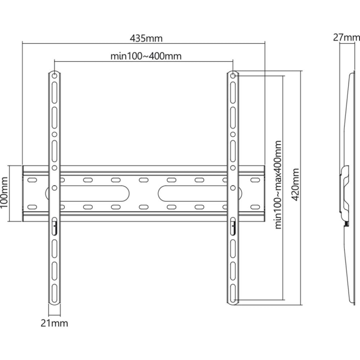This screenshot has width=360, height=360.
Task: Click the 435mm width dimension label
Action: (x=146, y=39)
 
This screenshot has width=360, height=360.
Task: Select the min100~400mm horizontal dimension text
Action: (x=146, y=56)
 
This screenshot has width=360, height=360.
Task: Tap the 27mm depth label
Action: (x=347, y=37)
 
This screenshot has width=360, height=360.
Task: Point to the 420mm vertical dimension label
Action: (x=295, y=185)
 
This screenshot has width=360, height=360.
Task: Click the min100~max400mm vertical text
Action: (x=278, y=185)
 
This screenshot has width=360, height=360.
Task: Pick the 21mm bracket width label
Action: (x=55, y=323)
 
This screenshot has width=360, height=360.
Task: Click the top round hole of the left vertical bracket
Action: (x=55, y=76)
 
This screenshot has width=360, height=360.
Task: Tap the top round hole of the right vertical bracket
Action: (x=233, y=76)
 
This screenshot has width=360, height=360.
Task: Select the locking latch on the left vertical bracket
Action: (x=55, y=226)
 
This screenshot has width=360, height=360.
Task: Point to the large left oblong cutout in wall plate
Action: (x=87, y=193)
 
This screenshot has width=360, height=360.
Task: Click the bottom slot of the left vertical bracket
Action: (x=55, y=293)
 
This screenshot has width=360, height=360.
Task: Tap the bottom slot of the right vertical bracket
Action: (x=233, y=293)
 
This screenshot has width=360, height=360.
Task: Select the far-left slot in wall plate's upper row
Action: (x=32, y=180)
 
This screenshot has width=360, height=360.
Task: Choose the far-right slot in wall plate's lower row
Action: (x=255, y=207)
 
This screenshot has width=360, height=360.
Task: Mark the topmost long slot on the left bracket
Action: (x=55, y=93)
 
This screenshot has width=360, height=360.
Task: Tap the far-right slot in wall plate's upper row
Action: (x=255, y=180)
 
